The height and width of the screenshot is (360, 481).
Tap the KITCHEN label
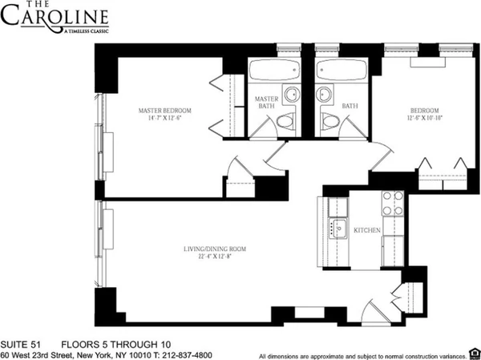tap(366, 230)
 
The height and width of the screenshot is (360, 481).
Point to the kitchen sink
tap(338, 228)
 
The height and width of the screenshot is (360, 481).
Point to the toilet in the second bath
tap(328, 121)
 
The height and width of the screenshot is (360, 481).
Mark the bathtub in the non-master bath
tap(340, 70)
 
